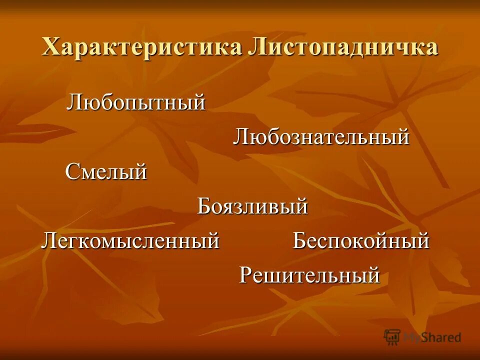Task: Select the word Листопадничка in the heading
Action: tap(342, 48)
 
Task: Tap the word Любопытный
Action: tap(136, 103)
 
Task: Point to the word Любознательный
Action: tap(321, 137)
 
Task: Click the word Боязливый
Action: tap(252, 206)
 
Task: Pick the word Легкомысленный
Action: tap(130, 241)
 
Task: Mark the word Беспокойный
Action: tap(361, 241)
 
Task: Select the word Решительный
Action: tap(309, 275)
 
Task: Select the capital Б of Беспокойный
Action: tap(299, 241)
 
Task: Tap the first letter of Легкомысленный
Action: tap(48, 241)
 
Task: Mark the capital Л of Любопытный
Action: tap(75, 103)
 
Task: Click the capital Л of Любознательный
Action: tap(240, 137)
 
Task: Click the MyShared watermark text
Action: tap(432, 337)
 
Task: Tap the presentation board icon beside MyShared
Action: tap(392, 337)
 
